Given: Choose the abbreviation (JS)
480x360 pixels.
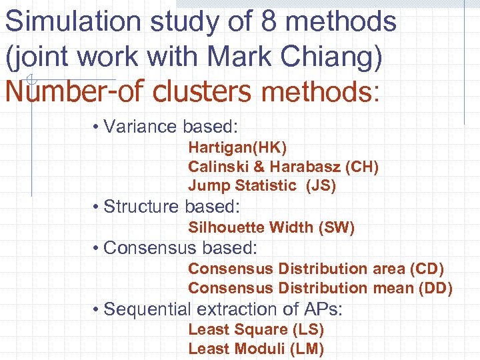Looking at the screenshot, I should pyautogui.click(x=321, y=186).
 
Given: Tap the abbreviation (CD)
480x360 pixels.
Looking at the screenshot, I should pyautogui.click(x=427, y=269).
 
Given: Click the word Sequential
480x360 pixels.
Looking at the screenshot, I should pyautogui.click(x=147, y=310).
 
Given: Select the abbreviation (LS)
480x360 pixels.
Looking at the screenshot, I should pyautogui.click(x=307, y=329).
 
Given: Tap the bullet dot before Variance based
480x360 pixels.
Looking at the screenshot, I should pyautogui.click(x=97, y=127).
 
